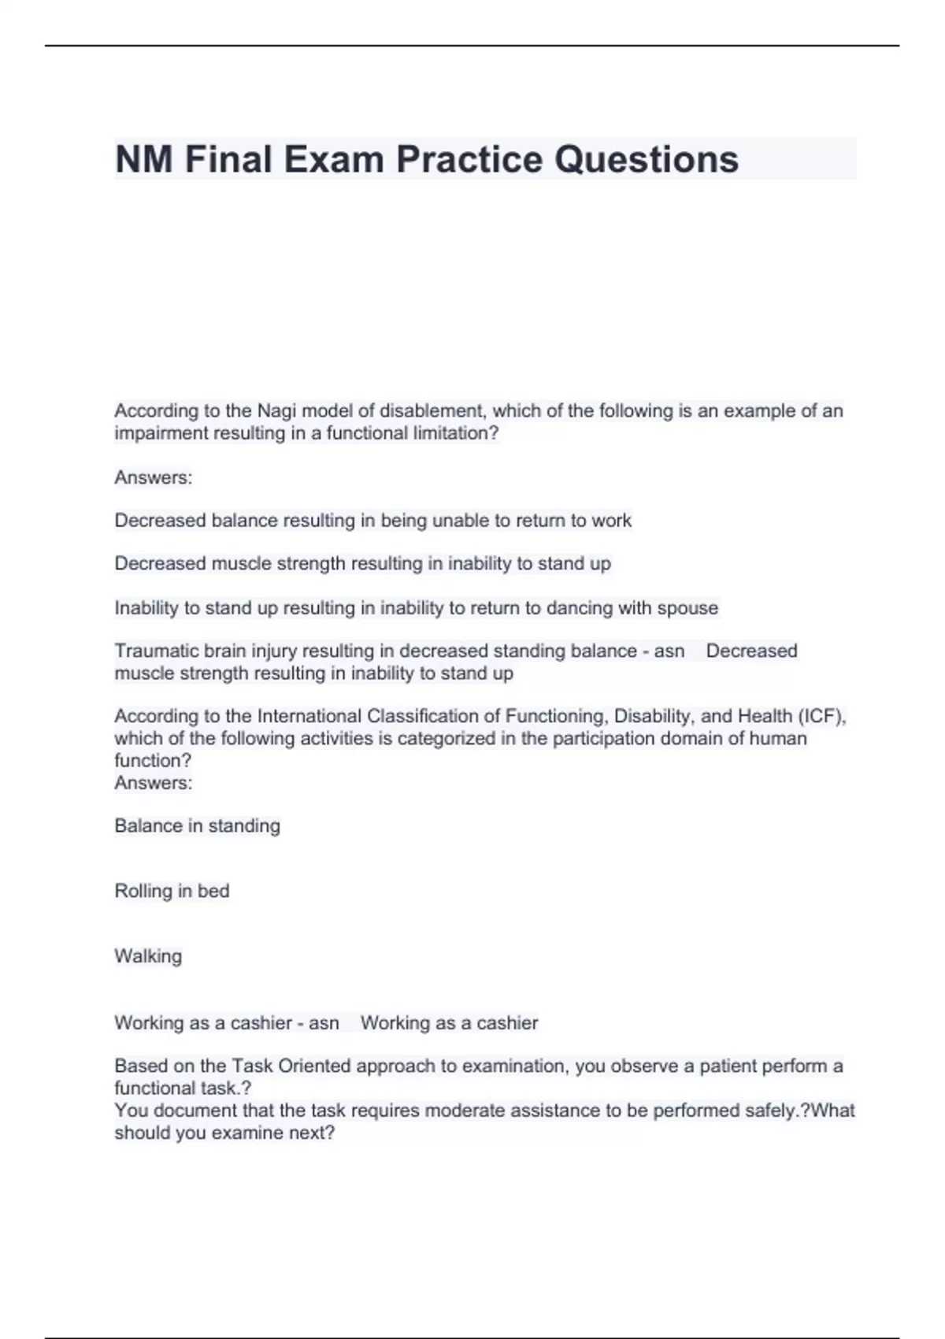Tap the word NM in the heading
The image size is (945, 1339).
tap(143, 159)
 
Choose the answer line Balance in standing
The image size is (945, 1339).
tap(197, 825)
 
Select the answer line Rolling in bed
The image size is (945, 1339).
tap(172, 891)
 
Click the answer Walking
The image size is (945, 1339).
tap(148, 956)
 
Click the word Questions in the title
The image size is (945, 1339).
tap(647, 159)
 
